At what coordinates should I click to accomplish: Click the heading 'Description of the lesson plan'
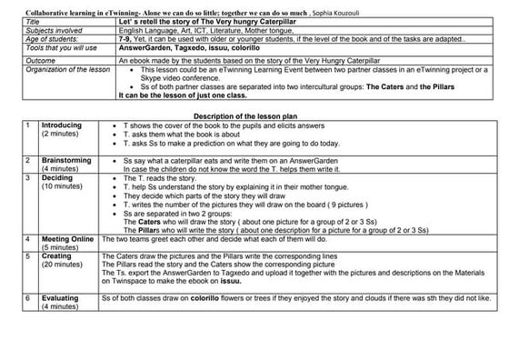[251, 115]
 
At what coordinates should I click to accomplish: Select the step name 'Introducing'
[61, 125]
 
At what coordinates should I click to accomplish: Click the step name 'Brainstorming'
[66, 160]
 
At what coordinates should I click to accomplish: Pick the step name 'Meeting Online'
[67, 239]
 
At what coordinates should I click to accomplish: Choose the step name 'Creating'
[57, 257]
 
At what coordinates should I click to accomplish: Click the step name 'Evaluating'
[61, 297]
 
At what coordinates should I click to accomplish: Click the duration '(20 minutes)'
[61, 265]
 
